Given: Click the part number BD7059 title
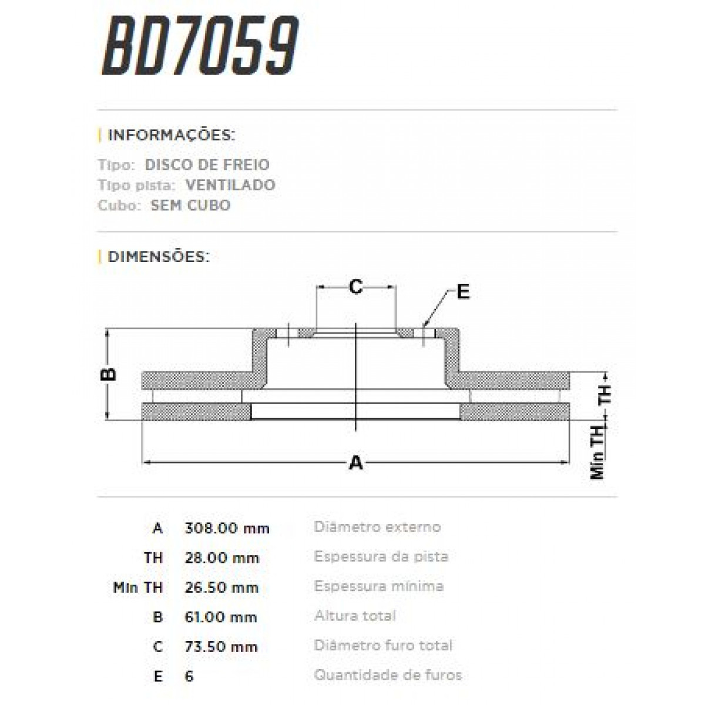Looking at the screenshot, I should [x=200, y=46].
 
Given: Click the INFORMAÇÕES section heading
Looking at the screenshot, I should [x=171, y=135].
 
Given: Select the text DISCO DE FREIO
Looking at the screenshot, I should [x=207, y=164].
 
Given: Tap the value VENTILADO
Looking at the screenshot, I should [x=230, y=185].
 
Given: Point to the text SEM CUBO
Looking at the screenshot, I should [x=190, y=206].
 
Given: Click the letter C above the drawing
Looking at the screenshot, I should [x=355, y=287].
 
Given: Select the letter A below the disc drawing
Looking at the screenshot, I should [x=356, y=463].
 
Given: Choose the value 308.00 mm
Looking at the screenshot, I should [x=227, y=528].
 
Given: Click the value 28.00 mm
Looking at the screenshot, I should [x=221, y=558].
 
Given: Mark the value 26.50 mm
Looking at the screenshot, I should [x=221, y=587].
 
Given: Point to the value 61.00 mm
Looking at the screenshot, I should [x=221, y=617].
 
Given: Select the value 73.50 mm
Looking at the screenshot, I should [x=221, y=647].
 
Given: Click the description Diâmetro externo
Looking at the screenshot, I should [x=377, y=527].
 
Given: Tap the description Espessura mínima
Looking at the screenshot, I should [x=379, y=586].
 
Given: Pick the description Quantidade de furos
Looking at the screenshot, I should [x=388, y=675].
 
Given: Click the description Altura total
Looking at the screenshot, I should [x=355, y=616].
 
